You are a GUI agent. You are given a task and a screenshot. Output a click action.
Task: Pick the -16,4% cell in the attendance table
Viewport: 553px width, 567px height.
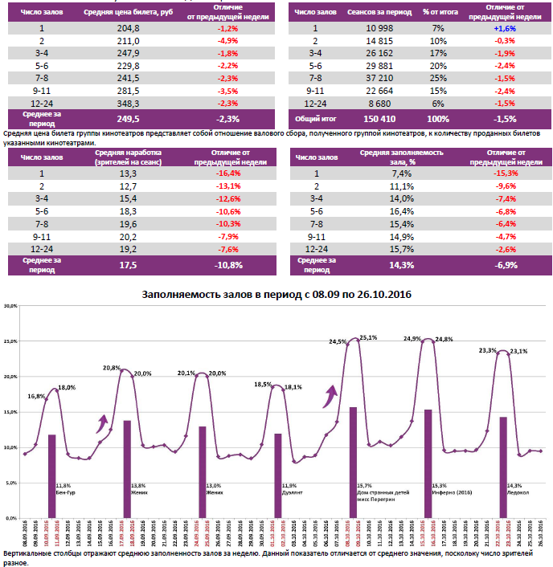tap(228, 173)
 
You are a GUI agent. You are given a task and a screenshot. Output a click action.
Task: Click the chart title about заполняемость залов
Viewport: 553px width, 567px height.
tap(276, 295)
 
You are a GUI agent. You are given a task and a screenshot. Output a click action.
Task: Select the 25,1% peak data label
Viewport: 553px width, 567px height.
tap(369, 338)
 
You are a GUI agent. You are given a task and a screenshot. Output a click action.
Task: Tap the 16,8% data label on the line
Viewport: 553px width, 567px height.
tap(36, 396)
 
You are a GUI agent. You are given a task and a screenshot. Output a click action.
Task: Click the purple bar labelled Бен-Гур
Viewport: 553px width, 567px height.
tap(52, 475)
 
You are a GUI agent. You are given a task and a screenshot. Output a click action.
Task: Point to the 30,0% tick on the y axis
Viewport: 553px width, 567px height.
tap(11, 306)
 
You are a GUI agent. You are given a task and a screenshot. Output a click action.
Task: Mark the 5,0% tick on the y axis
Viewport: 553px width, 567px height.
tap(11, 483)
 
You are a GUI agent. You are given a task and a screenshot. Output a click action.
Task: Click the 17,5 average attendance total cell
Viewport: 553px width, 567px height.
tap(128, 263)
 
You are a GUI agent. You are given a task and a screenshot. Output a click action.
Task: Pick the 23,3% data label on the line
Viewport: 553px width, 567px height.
tap(489, 351)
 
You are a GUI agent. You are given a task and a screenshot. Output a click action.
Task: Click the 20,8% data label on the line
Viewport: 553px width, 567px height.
tap(113, 368)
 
